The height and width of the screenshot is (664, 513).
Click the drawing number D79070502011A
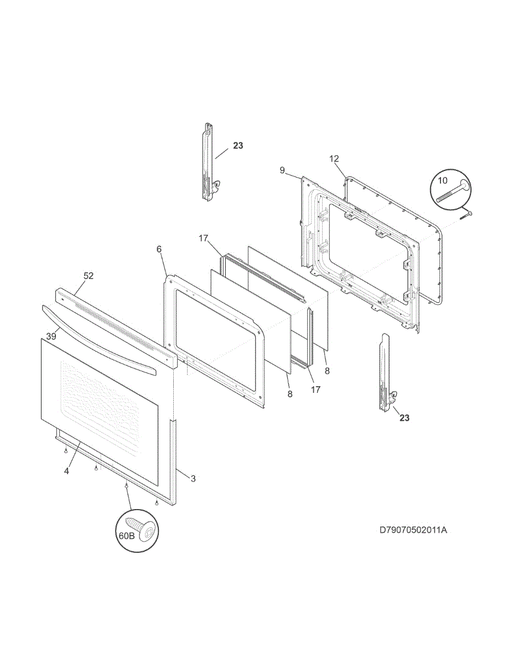click(413, 530)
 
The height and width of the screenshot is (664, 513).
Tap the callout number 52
click(89, 275)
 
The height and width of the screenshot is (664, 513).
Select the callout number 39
click(51, 336)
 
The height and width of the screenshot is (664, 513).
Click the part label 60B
click(126, 536)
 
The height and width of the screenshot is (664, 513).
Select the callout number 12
click(334, 159)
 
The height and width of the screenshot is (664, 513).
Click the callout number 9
click(282, 170)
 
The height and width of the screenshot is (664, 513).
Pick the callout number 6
click(159, 250)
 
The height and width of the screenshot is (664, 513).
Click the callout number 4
click(66, 471)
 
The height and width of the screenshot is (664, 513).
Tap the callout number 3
click(193, 479)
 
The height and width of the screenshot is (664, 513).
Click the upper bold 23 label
click(237, 146)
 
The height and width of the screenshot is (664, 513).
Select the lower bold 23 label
click(405, 418)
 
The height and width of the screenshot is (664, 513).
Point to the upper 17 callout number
click(203, 238)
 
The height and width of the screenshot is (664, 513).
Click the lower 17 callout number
click(315, 390)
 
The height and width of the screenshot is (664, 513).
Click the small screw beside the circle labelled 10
click(465, 214)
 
